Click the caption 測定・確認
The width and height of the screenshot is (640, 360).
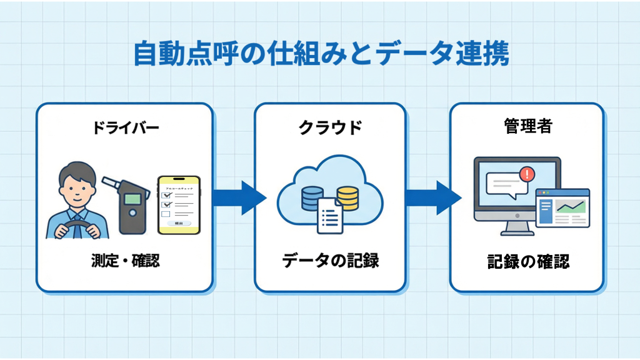(125, 261)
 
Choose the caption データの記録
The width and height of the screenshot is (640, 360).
(330, 261)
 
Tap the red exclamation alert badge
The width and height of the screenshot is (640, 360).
(528, 173)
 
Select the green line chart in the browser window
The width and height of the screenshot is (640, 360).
(571, 206)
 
